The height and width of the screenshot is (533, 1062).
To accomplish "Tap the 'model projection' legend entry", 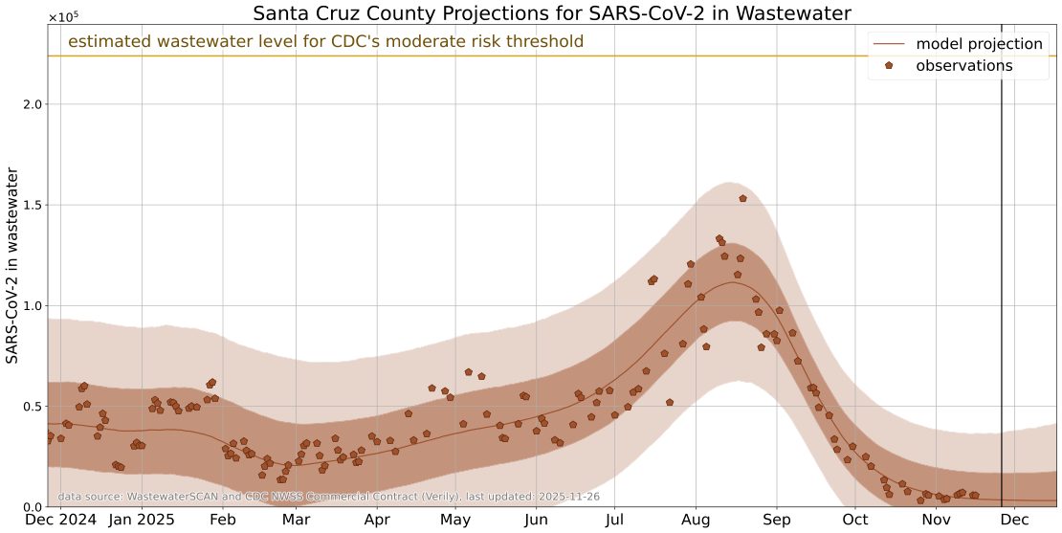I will coord(978,44).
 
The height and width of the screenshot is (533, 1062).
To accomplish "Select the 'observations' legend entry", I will coord(963,66).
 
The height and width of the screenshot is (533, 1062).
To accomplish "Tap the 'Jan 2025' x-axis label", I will coord(142,520).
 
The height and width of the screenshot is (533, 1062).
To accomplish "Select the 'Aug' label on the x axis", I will coord(696,520).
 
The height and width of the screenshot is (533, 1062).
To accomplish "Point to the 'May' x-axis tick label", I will coord(455,520).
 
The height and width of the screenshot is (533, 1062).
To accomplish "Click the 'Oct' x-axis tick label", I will coord(855,520).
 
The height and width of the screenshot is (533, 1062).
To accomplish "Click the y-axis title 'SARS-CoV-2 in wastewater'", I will coord(12,265).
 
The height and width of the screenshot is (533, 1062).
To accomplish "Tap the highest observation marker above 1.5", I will coord(742,198).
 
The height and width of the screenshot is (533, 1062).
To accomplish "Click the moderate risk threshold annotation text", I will coord(325,41).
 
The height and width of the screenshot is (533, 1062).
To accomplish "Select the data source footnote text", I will coord(328,497).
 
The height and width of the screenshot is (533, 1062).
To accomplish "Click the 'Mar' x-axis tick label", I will coord(296,520).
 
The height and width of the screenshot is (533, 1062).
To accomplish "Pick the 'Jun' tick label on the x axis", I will coord(536,520).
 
